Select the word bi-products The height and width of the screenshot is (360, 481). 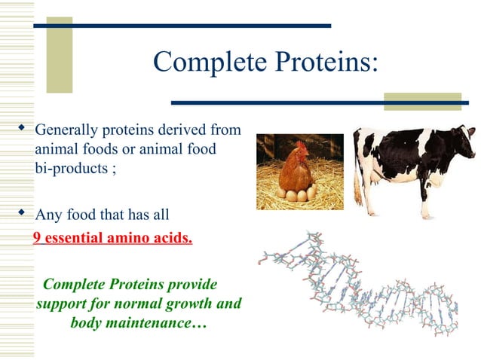coord(72,168)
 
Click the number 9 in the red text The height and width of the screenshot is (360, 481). coord(37,240)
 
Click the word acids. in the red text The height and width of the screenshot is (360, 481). coord(173,240)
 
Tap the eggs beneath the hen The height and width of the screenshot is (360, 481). coord(296,195)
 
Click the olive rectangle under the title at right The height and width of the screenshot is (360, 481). coord(421,102)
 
